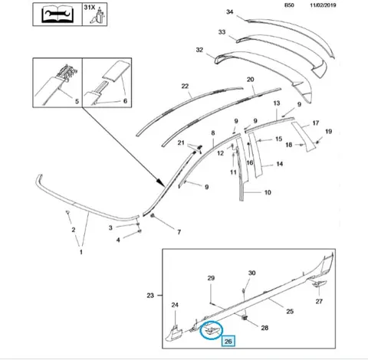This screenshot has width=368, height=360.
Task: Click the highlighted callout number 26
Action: (228, 342)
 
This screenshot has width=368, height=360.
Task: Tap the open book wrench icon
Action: (58, 15)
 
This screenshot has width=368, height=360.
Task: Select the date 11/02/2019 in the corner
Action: (323, 5)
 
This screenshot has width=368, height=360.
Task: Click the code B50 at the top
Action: (289, 5)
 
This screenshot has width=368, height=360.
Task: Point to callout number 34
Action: (230, 12)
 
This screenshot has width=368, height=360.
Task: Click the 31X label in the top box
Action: (90, 8)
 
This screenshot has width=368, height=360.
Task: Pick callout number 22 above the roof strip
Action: (185, 87)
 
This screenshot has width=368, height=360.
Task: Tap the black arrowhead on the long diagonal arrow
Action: (160, 182)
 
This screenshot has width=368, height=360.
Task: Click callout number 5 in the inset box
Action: (77, 101)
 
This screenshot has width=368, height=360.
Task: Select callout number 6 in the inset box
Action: (125, 101)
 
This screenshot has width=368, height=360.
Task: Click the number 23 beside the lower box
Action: (150, 296)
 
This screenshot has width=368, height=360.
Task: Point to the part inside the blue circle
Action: (212, 329)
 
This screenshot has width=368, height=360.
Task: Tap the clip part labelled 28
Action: (245, 318)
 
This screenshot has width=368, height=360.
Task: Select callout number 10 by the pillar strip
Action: (268, 192)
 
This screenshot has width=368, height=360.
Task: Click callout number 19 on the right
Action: (328, 132)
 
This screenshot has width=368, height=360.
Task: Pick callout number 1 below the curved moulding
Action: (81, 252)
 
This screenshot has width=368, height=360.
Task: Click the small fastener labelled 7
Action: (153, 216)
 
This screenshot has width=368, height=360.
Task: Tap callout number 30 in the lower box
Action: (251, 273)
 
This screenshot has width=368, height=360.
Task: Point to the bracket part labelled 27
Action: (317, 283)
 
